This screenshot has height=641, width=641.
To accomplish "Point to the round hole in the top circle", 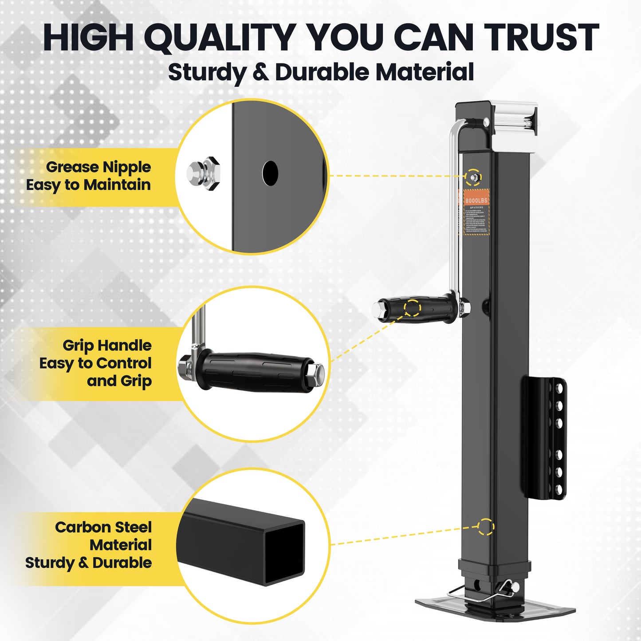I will pyautogui.click(x=270, y=173).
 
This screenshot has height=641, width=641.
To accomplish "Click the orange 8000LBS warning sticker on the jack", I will pyautogui.click(x=476, y=212).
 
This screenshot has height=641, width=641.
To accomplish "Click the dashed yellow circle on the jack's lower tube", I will pyautogui.click(x=486, y=527).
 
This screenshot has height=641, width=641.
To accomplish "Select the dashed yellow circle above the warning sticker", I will pyautogui.click(x=473, y=177).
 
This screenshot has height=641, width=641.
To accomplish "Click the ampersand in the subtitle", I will pyautogui.click(x=260, y=72).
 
